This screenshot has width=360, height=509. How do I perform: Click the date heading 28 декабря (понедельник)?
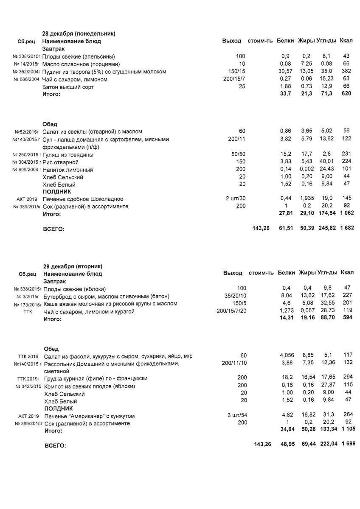point(79,34)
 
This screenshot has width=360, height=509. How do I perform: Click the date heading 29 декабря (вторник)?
point(73,266)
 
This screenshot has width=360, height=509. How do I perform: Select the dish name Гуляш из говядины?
point(68,155)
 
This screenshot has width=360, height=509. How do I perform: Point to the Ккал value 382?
point(346,72)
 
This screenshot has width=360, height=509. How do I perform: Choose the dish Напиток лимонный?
point(68,170)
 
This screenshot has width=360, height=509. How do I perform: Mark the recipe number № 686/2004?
point(26,79)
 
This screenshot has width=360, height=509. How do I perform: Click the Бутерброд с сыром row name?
point(107,296)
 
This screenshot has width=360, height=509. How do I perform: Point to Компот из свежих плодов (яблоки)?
point(90,386)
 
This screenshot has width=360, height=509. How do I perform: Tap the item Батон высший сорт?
point(68,87)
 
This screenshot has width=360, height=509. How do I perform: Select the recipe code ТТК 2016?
point(28,356)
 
